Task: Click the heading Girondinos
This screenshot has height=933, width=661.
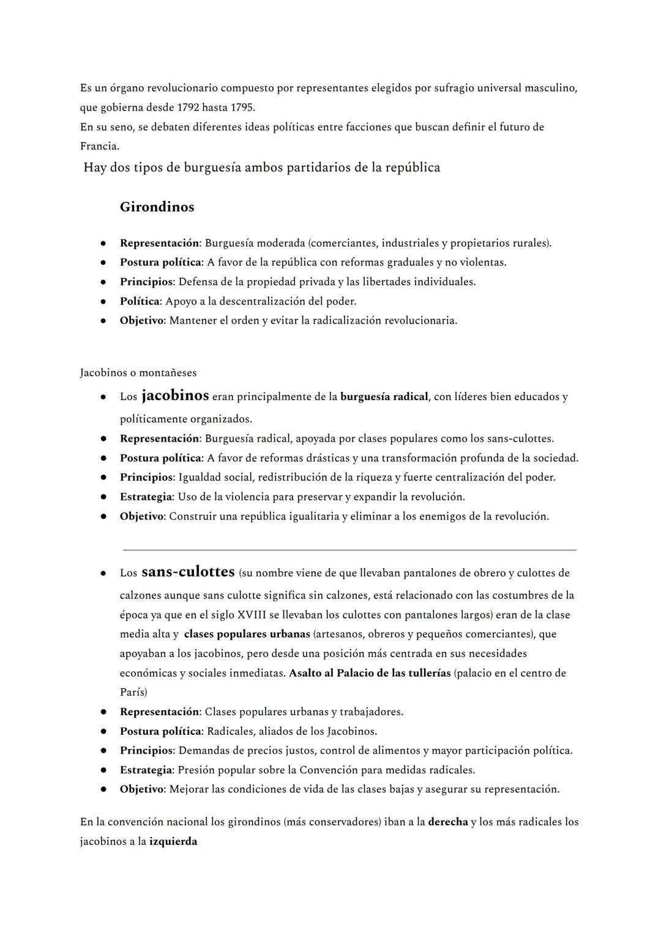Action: (157, 207)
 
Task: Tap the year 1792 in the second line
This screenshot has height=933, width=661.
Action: (188, 108)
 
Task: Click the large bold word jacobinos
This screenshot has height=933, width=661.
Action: (175, 395)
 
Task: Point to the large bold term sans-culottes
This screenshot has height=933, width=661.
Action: (188, 571)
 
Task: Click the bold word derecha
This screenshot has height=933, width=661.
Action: (447, 822)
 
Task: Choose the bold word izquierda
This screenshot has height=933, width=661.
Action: (173, 841)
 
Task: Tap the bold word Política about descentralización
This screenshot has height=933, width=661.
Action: (140, 301)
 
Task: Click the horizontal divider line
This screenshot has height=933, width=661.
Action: (349, 550)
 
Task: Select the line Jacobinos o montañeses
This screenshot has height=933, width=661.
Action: (138, 373)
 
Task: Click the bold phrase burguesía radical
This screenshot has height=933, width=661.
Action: (384, 396)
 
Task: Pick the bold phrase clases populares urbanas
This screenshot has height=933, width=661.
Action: (247, 634)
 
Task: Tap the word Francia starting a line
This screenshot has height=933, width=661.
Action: (99, 146)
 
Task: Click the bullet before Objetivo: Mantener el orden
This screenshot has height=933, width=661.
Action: (104, 321)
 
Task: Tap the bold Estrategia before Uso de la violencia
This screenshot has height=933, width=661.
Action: (146, 497)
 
